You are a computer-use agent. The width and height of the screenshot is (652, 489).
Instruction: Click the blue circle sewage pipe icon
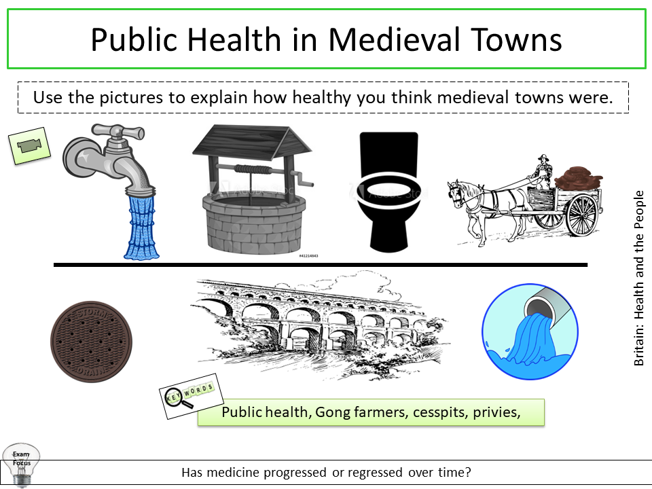(x=530, y=331)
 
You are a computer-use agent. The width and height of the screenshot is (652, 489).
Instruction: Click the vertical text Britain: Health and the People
(x=638, y=278)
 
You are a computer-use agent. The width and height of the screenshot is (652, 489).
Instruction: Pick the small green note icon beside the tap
(x=29, y=145)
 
